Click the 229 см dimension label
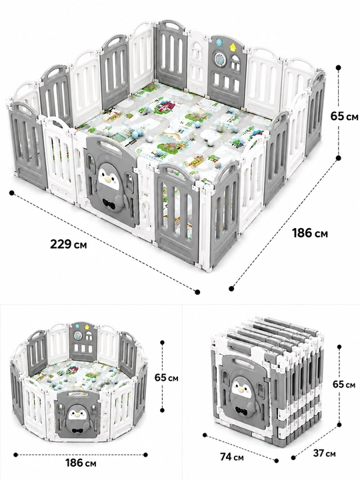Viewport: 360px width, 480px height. coord(68,245)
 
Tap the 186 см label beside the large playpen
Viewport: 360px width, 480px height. coord(310,233)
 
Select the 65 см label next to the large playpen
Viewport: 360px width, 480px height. coord(344,116)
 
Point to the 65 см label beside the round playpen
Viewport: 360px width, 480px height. coord(166,377)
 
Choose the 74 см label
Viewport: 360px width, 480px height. coord(232,457)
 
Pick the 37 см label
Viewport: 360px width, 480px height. coord(324,453)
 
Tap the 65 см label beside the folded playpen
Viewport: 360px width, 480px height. coord(344,384)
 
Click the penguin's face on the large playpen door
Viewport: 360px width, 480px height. coord(108,177)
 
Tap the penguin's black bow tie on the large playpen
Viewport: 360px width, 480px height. coord(110,203)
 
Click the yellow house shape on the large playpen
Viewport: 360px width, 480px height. coord(233,47)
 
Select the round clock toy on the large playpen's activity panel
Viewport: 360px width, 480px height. coord(219,58)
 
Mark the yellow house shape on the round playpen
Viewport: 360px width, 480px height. coord(87,327)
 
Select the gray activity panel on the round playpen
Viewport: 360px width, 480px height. coord(83,341)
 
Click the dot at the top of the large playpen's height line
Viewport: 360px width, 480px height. coord(338,67)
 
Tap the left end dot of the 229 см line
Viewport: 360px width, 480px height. coord(11,193)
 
